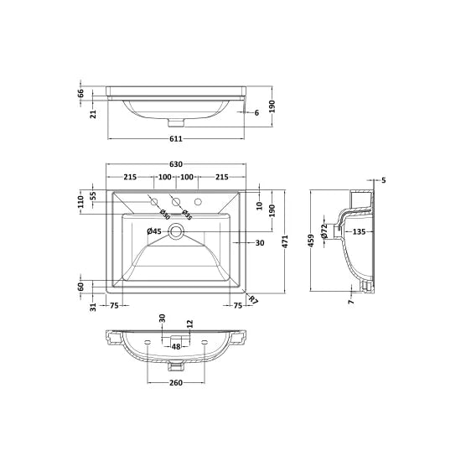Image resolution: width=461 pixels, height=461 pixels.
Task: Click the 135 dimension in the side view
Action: point(358,231)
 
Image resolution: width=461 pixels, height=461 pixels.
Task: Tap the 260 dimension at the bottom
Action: point(176,382)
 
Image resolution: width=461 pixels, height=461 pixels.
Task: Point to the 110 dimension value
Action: point(81,202)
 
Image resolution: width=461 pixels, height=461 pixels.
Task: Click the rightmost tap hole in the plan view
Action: point(198,202)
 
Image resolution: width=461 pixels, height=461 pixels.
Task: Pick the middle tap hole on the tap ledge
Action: point(176,201)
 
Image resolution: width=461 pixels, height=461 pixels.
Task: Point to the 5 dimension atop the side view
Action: point(383,180)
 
